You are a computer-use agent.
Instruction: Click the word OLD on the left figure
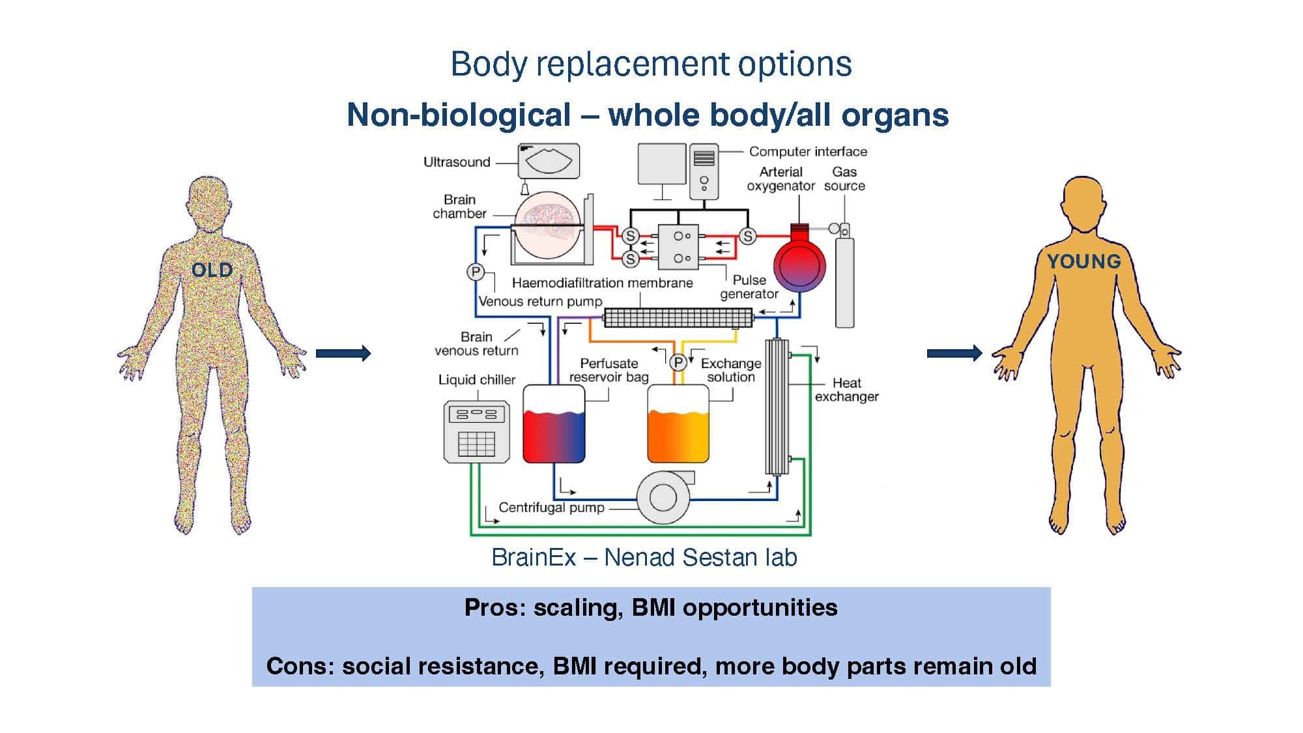(212, 270)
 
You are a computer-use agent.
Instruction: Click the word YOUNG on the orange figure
(1083, 261)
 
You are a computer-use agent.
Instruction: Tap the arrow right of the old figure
(343, 353)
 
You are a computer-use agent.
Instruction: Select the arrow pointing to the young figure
(954, 353)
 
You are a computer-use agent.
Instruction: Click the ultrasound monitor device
(549, 161)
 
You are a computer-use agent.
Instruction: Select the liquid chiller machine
(476, 432)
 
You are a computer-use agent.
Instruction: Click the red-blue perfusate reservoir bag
(554, 425)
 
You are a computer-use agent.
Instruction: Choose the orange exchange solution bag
(678, 425)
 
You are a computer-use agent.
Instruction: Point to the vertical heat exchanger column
(776, 407)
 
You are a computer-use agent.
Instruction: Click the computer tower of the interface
(704, 171)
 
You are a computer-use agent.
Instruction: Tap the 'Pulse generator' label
(749, 287)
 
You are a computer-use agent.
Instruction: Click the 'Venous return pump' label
(540, 301)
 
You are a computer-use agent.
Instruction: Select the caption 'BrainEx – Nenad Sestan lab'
(644, 558)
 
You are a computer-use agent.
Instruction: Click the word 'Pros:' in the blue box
(495, 607)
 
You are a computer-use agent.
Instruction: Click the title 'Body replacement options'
(651, 64)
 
